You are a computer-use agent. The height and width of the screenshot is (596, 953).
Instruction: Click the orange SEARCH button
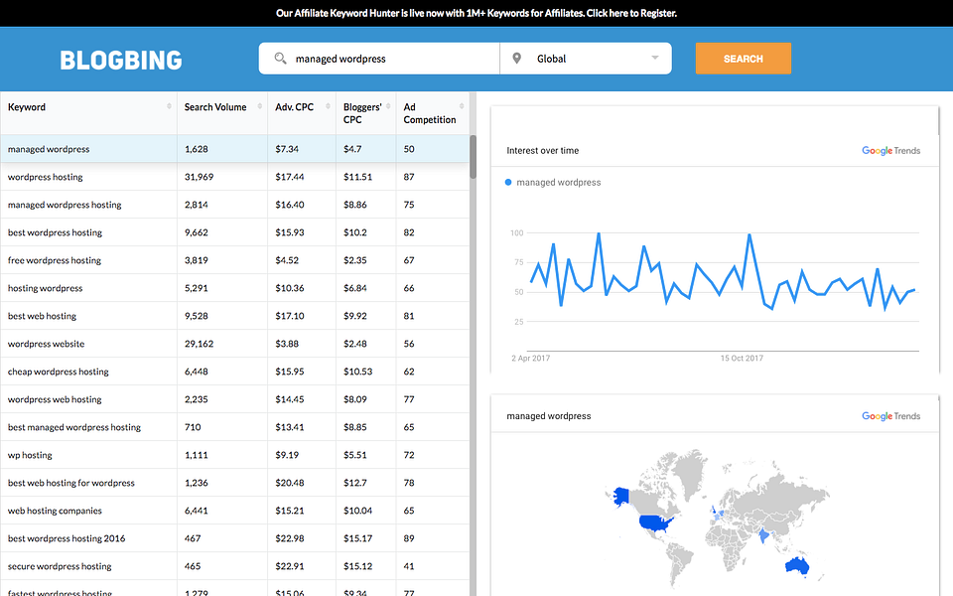point(743,59)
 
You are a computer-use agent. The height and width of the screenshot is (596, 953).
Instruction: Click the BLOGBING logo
point(121,60)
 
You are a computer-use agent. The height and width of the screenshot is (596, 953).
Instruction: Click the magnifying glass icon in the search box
point(281,59)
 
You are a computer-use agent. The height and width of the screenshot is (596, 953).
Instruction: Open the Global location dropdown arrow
point(655,58)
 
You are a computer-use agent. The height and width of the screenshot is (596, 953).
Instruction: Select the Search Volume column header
point(215,107)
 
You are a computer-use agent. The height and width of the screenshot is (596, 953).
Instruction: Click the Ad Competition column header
point(430,113)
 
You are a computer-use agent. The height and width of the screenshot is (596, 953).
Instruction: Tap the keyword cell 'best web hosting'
point(42,316)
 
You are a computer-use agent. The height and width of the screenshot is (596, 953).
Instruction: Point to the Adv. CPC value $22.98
point(289,538)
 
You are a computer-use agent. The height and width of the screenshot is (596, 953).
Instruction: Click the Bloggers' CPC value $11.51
point(357,177)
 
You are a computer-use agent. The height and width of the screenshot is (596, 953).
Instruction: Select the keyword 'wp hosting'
point(30,455)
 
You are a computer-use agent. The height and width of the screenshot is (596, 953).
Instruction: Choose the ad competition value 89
point(409,538)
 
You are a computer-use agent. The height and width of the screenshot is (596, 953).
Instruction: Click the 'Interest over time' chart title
point(542,151)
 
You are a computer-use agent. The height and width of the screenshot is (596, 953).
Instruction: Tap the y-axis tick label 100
point(516,233)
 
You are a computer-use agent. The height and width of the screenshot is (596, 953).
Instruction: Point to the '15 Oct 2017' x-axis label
point(742,359)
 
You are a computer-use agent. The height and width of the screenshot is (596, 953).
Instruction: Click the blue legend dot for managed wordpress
point(508,182)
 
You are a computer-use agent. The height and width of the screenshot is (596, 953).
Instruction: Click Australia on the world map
point(795,566)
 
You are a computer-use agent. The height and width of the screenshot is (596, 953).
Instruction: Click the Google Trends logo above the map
point(890,416)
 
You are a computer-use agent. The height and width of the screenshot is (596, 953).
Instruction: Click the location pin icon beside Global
point(516,59)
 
